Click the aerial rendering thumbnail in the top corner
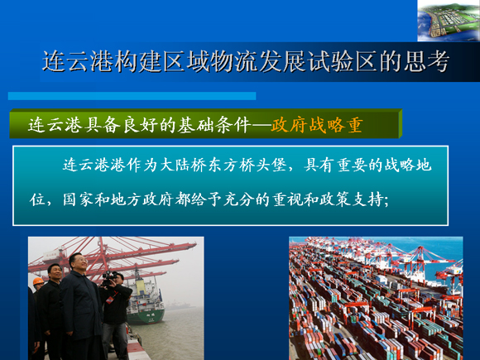[449, 21]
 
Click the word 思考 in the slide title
[426, 61]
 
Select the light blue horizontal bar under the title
[132, 96]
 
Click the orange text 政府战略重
[317, 125]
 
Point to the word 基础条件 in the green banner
[214, 125]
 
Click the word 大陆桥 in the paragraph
[183, 165]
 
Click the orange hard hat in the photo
[38, 281]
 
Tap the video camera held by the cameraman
[109, 278]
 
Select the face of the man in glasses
[78, 263]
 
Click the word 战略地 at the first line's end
[408, 165]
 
